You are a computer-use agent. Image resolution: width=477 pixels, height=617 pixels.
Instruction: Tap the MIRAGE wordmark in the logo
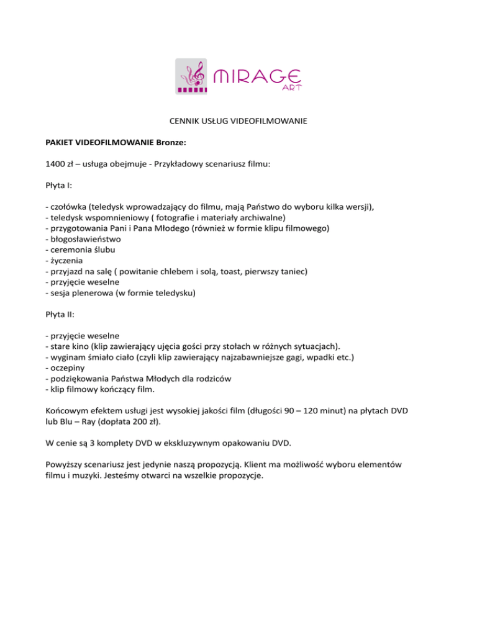tap(258, 78)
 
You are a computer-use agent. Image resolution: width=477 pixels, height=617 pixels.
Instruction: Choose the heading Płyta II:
tap(60, 313)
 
